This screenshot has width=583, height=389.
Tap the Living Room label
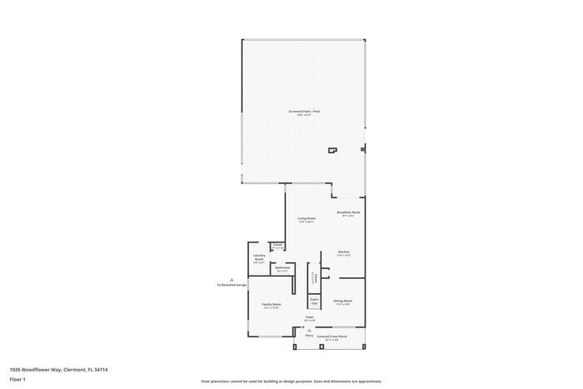(306, 220)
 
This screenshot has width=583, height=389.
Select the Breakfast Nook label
(348, 214)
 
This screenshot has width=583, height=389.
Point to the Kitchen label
(343, 253)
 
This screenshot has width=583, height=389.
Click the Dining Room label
(343, 302)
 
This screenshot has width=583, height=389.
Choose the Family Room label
(272, 306)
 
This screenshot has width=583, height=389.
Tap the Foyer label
(309, 318)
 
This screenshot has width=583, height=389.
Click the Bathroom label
(282, 269)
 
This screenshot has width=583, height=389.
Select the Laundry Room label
(259, 258)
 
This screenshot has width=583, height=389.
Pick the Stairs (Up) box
(314, 301)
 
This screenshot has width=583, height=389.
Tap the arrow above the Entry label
(309, 330)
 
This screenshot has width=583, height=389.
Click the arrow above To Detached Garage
(232, 279)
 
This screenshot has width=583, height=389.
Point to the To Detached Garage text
(232, 285)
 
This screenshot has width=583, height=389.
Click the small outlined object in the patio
(332, 150)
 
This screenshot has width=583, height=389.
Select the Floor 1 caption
(18, 379)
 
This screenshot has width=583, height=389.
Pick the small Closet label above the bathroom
(277, 247)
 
